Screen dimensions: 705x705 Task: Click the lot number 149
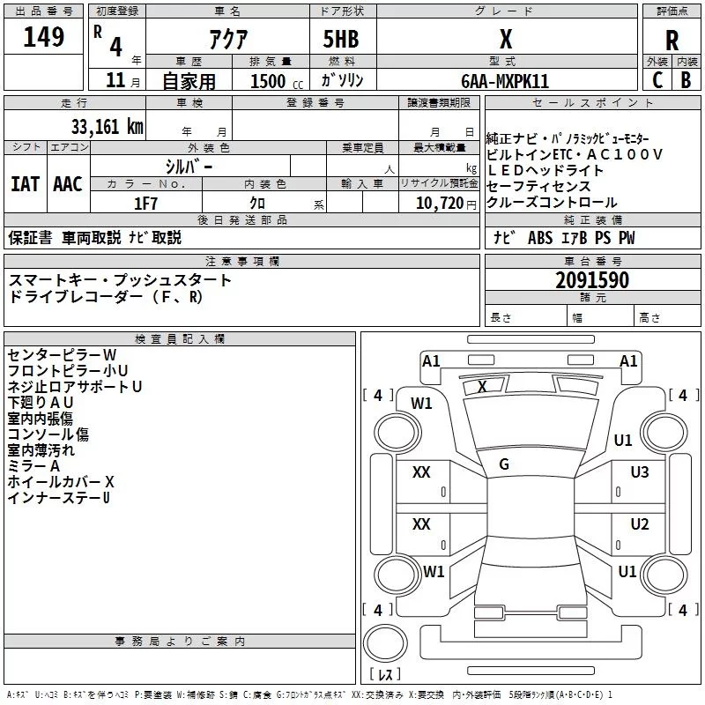click(x=43, y=37)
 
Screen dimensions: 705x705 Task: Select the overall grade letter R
click(x=672, y=41)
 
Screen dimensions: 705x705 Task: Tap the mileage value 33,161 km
click(x=107, y=127)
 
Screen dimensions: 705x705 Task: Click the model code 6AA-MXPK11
click(x=505, y=81)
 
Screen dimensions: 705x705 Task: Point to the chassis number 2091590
click(x=592, y=280)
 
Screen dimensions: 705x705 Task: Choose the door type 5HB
click(x=341, y=39)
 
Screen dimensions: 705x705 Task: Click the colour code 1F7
click(x=145, y=204)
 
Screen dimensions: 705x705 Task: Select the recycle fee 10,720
click(x=439, y=204)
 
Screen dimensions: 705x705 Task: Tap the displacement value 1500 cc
click(x=277, y=81)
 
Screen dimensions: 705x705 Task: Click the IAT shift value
click(x=26, y=184)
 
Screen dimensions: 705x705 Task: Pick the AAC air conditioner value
click(x=68, y=184)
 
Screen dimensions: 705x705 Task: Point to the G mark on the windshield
click(x=504, y=464)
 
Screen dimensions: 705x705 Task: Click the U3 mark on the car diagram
click(x=640, y=472)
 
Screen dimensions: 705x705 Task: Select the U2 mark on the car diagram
click(x=640, y=524)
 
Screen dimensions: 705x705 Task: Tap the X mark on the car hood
click(x=482, y=386)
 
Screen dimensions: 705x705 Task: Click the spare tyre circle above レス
click(x=385, y=642)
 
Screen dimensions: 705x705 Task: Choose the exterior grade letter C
click(x=657, y=80)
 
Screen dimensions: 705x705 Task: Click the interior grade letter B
click(x=686, y=80)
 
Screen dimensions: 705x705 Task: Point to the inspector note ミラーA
click(x=33, y=466)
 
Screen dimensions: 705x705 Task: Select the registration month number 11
click(x=115, y=80)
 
